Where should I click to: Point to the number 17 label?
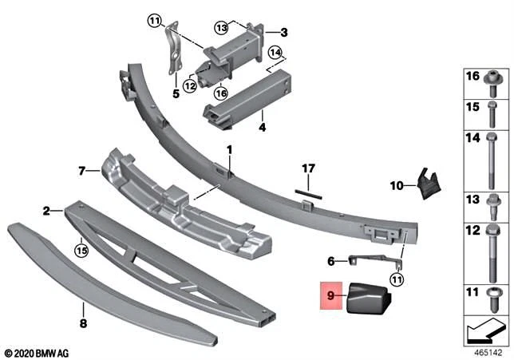309,169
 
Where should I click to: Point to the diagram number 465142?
484,351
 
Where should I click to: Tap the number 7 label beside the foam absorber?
81,170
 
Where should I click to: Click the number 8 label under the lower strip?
82,324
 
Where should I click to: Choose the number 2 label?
46,211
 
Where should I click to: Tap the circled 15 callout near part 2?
80,250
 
